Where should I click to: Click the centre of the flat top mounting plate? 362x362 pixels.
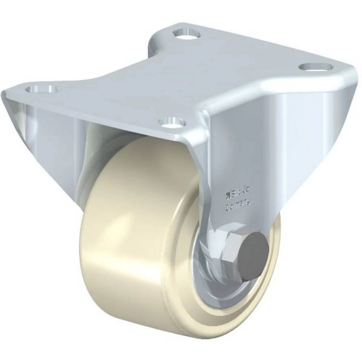point(181,80)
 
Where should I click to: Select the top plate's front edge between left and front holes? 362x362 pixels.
point(101,109)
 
